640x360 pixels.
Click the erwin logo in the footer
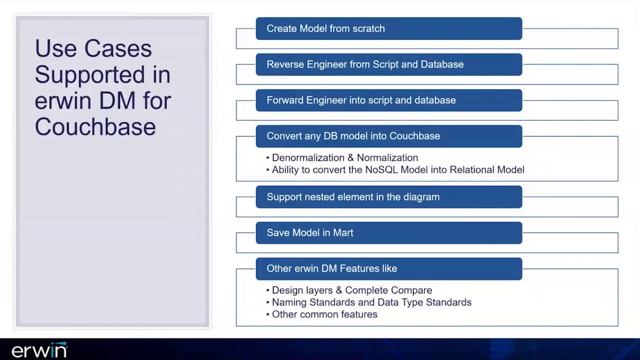click(39, 350)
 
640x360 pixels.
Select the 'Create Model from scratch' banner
click(388, 28)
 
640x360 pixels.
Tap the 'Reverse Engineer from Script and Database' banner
click(388, 64)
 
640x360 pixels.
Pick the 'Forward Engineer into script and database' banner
click(388, 100)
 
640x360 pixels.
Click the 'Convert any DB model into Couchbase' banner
click(388, 136)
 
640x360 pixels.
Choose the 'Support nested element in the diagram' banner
click(388, 197)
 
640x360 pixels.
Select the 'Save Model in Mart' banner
click(388, 233)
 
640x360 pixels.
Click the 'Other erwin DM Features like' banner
click(388, 268)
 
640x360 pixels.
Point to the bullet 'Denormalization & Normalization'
click(344, 158)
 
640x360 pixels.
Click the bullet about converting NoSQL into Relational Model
click(397, 170)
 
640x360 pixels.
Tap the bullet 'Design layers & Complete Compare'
click(351, 290)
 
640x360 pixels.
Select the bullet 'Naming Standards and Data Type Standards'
click(371, 302)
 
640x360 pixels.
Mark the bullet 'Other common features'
click(324, 314)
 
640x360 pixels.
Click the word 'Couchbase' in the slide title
click(95, 126)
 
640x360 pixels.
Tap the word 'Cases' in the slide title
click(117, 49)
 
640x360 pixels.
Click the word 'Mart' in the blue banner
click(343, 233)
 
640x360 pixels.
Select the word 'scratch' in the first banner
click(368, 28)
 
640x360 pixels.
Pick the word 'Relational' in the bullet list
click(472, 170)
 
